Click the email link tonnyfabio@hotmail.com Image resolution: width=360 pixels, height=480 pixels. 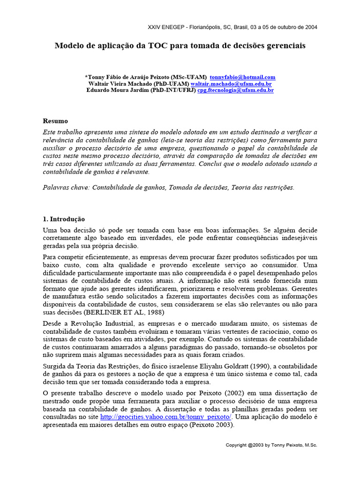tap(242, 77)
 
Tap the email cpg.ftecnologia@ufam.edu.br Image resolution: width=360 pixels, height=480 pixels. tap(235, 90)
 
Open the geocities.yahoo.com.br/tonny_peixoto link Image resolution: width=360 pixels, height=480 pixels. tap(166, 417)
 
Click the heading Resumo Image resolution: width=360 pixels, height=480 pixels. tap(55, 121)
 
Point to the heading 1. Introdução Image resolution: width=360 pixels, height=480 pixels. tap(64, 219)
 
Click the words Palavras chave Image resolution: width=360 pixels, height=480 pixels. tap(65, 187)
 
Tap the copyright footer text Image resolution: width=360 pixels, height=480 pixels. tap(271, 445)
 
